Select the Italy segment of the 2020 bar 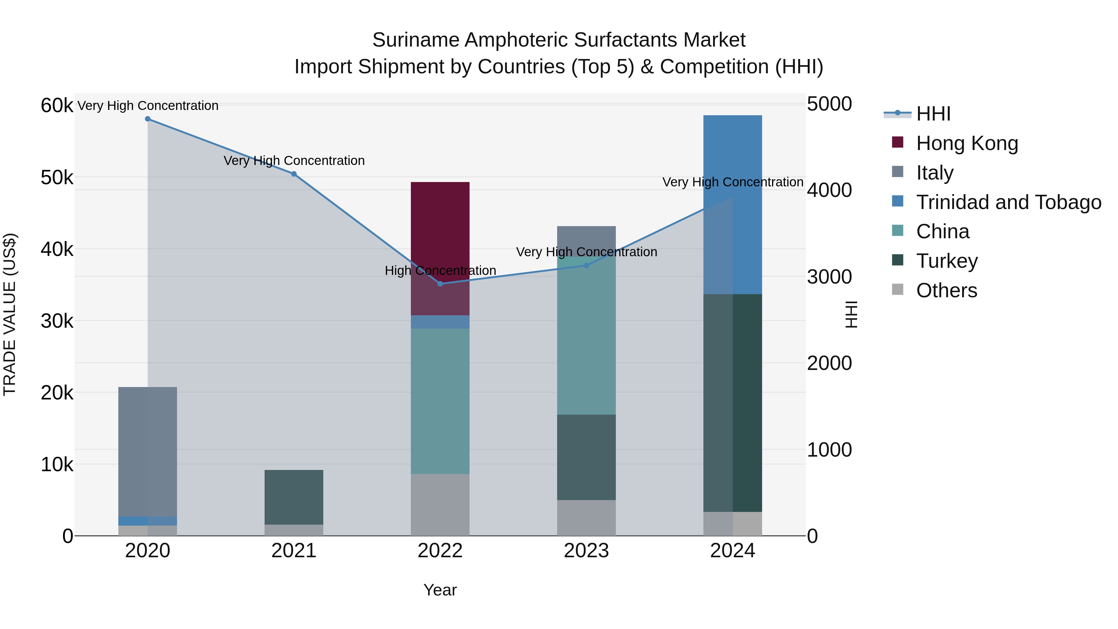pos(148,451)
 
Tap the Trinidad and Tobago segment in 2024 pos(733,204)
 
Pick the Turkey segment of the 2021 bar pos(294,497)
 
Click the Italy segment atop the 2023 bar pos(586,241)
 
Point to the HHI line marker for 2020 pos(148,119)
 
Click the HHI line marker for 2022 pos(440,284)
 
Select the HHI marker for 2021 pos(294,174)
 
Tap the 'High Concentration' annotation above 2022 pos(440,271)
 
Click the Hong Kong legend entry pos(967,143)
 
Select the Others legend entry pos(947,290)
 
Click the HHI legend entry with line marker pos(933,114)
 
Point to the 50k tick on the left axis pos(57,178)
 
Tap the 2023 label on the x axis pos(586,551)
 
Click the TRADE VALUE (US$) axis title pos(10,314)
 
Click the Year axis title pos(440,590)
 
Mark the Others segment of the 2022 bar pos(440,504)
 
